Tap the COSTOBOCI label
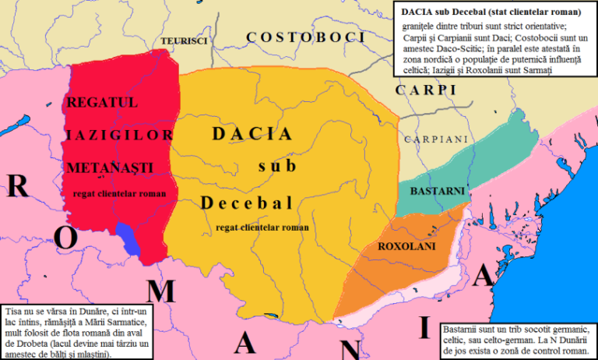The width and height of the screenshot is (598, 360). pyautogui.click(x=305, y=37)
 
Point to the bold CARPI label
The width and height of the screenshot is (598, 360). pyautogui.click(x=425, y=90)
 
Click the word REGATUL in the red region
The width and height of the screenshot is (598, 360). pyautogui.click(x=103, y=102)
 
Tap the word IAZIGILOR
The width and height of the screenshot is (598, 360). pyautogui.click(x=119, y=135)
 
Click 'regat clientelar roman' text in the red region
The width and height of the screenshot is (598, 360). pyautogui.click(x=120, y=193)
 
